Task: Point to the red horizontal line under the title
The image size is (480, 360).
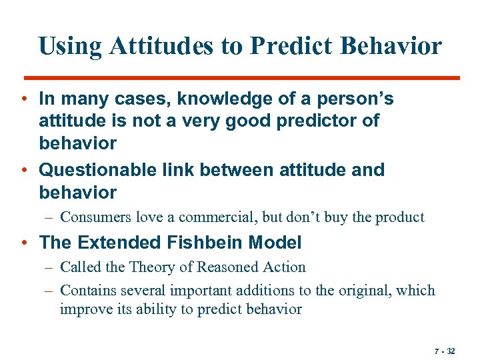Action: [240, 78]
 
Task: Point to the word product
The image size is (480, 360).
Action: [399, 217]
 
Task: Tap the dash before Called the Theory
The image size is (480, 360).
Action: [50, 267]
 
